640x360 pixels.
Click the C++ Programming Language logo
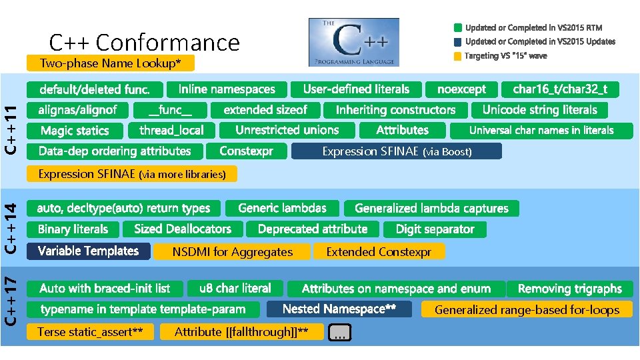353,42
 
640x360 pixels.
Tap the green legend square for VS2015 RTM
457,28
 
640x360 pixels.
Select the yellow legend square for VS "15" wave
457,57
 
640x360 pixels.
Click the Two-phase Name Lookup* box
111,63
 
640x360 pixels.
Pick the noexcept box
461,89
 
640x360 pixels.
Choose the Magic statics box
74,131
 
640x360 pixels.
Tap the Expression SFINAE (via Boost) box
397,152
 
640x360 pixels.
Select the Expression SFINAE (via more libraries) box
131,175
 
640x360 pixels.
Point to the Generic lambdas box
282,208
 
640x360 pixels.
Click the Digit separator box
435,229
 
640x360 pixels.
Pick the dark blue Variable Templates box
88,251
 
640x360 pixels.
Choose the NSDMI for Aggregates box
232,252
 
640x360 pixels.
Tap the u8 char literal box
235,289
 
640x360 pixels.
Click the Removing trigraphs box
569,289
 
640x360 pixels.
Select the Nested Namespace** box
339,309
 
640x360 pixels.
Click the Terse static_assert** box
90,332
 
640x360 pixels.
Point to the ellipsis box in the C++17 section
339,333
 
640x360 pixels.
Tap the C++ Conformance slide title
144,43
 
